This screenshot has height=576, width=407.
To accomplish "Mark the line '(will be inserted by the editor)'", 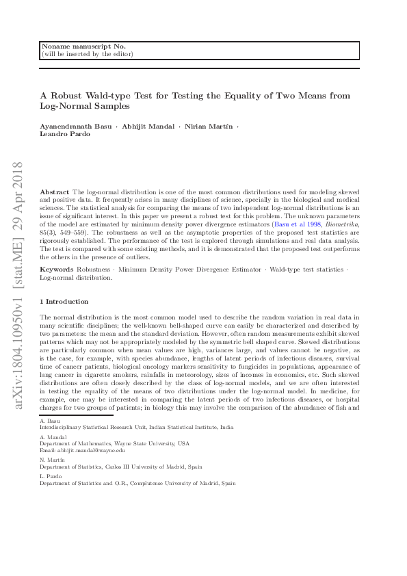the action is pyautogui.click(x=88, y=53).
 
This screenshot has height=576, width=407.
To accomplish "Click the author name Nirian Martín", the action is pyautogui.click(x=209, y=128).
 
